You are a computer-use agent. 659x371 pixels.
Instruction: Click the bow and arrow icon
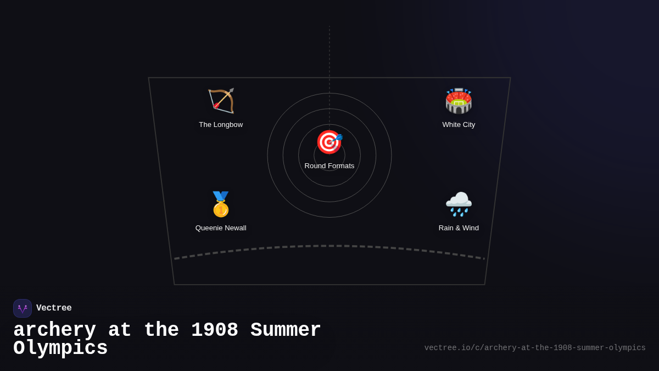[221, 101]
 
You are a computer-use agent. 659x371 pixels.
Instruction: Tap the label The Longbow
[221, 125]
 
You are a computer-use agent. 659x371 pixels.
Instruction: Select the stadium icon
[459, 101]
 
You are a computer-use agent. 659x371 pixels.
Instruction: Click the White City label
[459, 125]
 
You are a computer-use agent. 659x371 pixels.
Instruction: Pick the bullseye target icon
[329, 142]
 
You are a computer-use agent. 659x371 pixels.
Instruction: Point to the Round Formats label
[329, 166]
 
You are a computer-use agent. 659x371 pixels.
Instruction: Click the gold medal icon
[221, 204]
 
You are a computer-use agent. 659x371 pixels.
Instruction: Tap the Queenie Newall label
[221, 228]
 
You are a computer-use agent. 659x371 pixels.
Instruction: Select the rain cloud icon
[459, 204]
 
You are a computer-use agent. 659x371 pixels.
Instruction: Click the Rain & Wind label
[459, 228]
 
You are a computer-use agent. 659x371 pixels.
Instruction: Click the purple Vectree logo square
[23, 308]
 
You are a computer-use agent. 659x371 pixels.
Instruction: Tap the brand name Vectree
[54, 308]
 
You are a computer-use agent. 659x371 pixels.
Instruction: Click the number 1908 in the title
[215, 329]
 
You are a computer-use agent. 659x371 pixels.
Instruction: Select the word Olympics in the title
[60, 348]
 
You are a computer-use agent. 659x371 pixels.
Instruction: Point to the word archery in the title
[55, 330]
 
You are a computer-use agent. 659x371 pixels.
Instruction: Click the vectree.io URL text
[535, 348]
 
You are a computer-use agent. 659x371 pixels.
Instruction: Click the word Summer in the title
[286, 329]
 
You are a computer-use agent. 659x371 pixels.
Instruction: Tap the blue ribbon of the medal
[221, 196]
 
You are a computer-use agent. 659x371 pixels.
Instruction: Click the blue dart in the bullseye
[337, 139]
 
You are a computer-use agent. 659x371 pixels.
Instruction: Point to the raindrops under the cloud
[459, 212]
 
